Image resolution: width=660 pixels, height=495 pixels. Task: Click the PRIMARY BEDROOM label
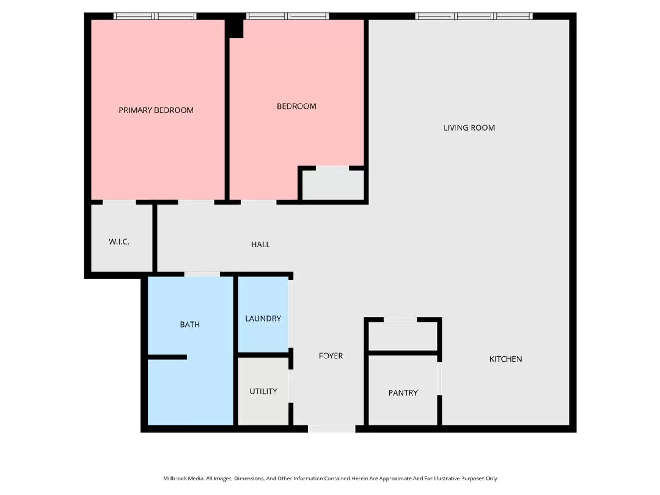156,110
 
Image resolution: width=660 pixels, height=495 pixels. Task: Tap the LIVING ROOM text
469,128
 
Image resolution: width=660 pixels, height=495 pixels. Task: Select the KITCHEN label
506,359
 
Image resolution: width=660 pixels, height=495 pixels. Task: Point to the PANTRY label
403,393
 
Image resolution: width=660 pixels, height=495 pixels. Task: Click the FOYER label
331,356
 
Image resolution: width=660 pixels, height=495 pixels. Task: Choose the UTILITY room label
263,391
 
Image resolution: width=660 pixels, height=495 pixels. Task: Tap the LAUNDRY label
263,319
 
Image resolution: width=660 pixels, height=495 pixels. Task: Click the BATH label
190,324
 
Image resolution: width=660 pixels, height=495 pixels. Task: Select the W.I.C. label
119,242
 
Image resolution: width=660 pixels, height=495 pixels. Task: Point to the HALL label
260,244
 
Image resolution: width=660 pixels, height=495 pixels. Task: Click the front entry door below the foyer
331,429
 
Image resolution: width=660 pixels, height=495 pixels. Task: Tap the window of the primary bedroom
155,16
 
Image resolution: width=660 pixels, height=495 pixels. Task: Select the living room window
474,16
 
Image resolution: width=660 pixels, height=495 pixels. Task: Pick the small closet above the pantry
403,335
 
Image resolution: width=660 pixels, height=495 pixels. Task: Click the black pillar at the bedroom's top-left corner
235,27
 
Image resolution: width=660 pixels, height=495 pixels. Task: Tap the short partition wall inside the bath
167,357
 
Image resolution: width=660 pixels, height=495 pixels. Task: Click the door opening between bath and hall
202,275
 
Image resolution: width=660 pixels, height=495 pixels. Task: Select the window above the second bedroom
287,16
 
